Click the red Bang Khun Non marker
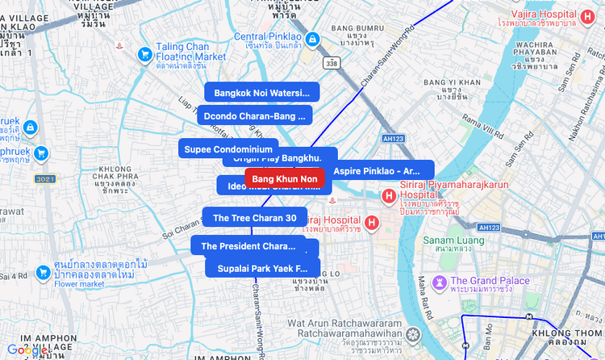284,178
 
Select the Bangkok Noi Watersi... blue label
262,93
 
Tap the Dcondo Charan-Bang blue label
254,116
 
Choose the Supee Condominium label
228,149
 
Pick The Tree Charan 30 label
254,218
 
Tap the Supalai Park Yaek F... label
262,268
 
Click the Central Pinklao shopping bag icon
314,38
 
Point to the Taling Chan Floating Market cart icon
145,53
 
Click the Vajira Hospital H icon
590,15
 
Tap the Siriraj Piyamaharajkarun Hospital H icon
388,195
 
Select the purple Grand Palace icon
440,282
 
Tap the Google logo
27,350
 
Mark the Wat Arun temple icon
414,333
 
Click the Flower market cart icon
42,274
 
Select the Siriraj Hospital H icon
372,223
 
